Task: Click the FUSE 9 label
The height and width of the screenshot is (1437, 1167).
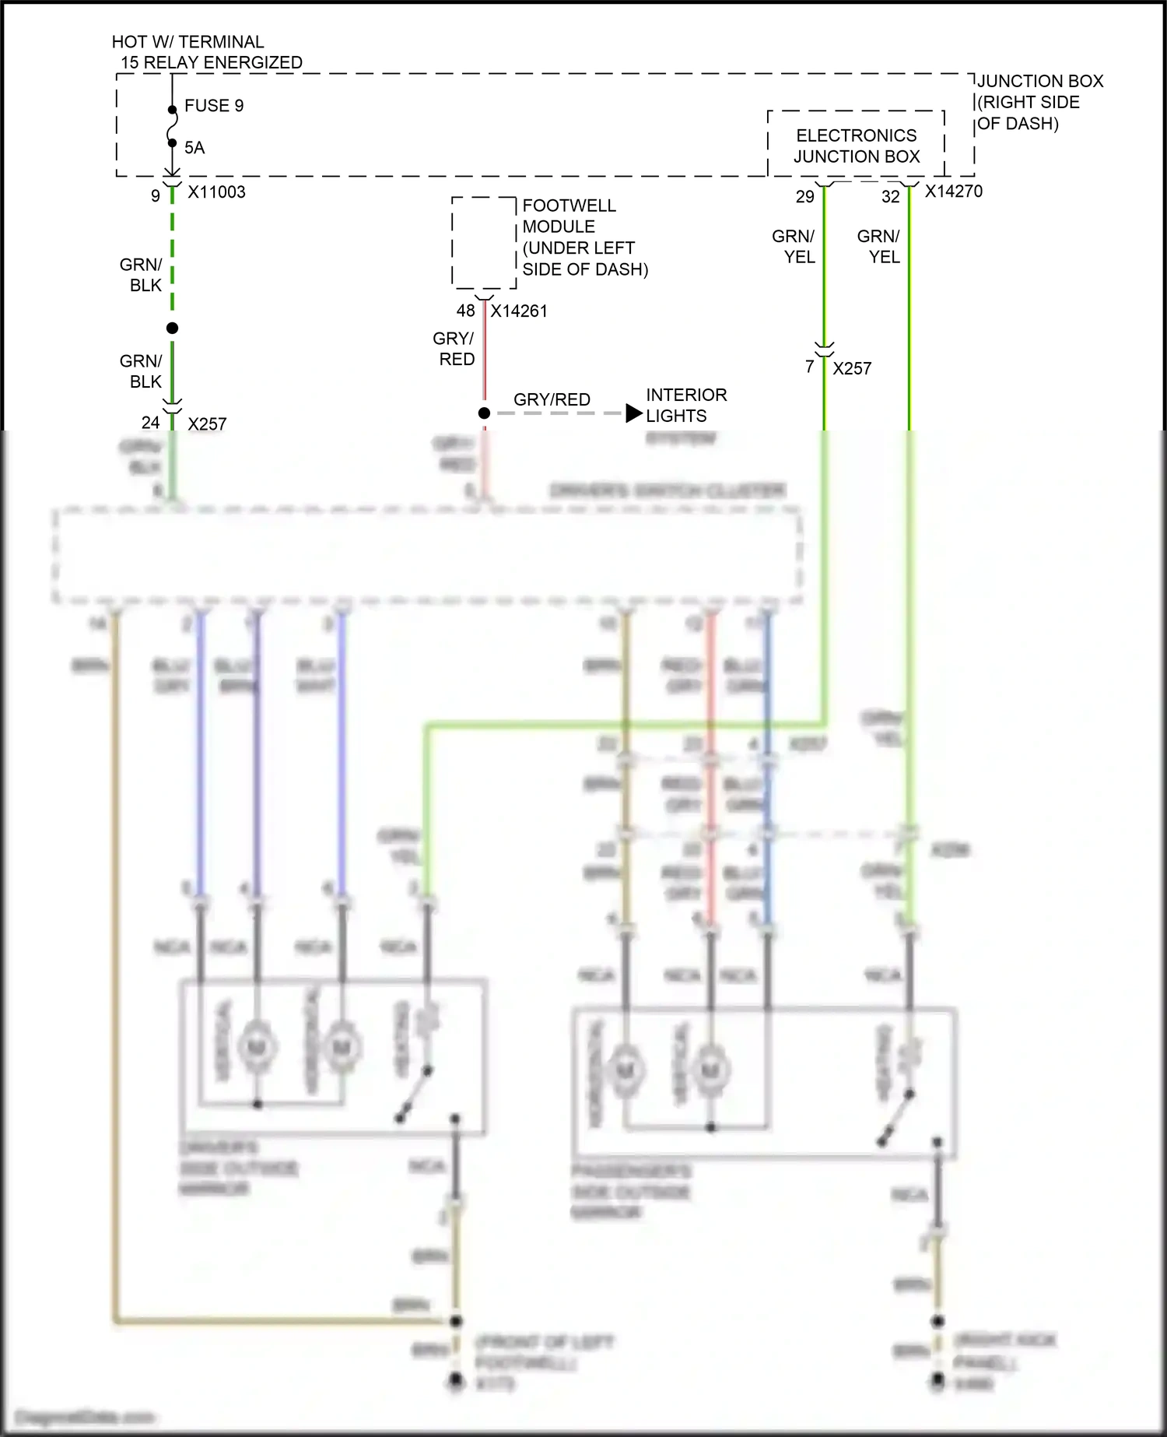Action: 213,106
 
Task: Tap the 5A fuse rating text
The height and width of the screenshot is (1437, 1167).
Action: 194,148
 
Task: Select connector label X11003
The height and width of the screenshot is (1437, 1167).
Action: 216,192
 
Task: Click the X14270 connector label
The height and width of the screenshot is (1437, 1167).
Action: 953,191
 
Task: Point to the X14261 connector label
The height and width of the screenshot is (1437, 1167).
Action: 519,311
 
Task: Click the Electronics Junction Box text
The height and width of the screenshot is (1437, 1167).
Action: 856,146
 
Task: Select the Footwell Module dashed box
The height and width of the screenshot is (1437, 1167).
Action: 484,242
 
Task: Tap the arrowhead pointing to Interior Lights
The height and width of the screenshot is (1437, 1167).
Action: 634,413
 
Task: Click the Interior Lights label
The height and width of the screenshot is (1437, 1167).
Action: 685,406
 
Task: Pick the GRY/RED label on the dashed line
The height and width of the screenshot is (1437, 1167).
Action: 552,399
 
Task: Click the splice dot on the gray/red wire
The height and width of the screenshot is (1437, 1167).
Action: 484,413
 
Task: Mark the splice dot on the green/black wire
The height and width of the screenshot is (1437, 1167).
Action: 172,329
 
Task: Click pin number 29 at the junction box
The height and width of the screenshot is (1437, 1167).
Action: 804,197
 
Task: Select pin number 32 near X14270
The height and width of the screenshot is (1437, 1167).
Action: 890,197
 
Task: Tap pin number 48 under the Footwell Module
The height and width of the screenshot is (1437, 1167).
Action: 465,311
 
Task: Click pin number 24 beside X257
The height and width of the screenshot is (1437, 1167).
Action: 150,423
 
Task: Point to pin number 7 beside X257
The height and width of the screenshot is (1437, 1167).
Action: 809,367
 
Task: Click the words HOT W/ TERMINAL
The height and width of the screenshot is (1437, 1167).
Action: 187,42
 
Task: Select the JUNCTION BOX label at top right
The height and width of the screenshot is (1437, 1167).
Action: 1039,82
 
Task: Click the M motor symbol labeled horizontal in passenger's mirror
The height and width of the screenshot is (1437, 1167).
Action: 626,1071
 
